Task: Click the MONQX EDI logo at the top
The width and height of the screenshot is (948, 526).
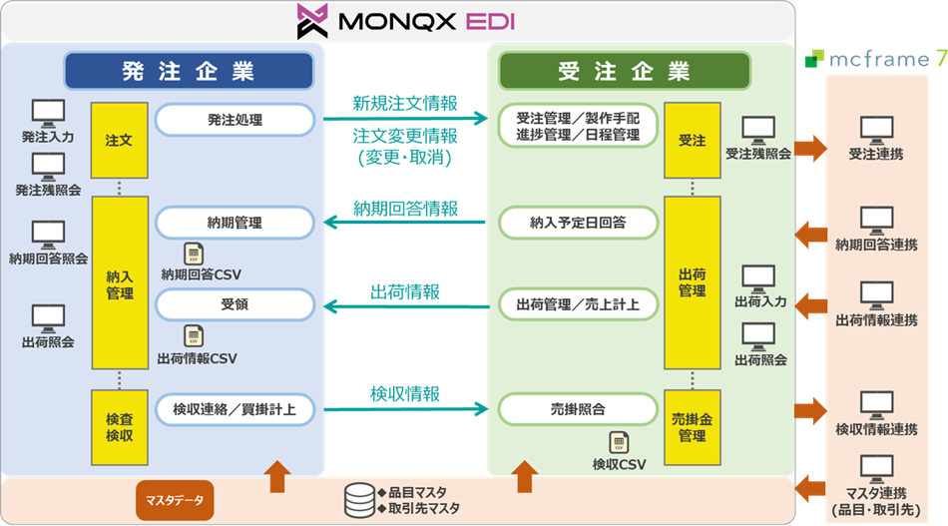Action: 406,21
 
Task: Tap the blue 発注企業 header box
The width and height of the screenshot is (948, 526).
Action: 189,71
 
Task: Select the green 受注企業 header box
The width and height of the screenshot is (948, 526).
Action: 624,71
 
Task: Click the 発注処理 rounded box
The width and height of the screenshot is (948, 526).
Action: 236,120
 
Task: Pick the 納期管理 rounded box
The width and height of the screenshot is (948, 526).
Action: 236,223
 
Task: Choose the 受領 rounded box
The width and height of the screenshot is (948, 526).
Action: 236,304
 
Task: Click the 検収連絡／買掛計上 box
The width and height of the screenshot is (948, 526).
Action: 236,409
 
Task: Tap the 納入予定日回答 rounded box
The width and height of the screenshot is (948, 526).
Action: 578,223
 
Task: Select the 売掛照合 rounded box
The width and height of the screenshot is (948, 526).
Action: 578,409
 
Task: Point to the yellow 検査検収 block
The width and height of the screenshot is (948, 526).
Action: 120,427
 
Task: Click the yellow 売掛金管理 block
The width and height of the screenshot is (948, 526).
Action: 693,427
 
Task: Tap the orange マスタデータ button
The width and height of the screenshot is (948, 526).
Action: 175,501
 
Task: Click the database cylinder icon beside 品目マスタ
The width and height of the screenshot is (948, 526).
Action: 359,501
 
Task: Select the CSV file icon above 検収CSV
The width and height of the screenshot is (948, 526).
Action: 619,442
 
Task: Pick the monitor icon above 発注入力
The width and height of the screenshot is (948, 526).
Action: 48,114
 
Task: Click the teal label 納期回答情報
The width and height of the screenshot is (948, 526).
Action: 406,209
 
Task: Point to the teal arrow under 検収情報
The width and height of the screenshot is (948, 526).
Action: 406,409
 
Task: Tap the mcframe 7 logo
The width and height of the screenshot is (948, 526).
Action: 875,58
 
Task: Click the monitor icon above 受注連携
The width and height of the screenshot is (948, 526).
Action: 877,131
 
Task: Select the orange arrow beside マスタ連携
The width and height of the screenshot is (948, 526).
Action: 810,488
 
